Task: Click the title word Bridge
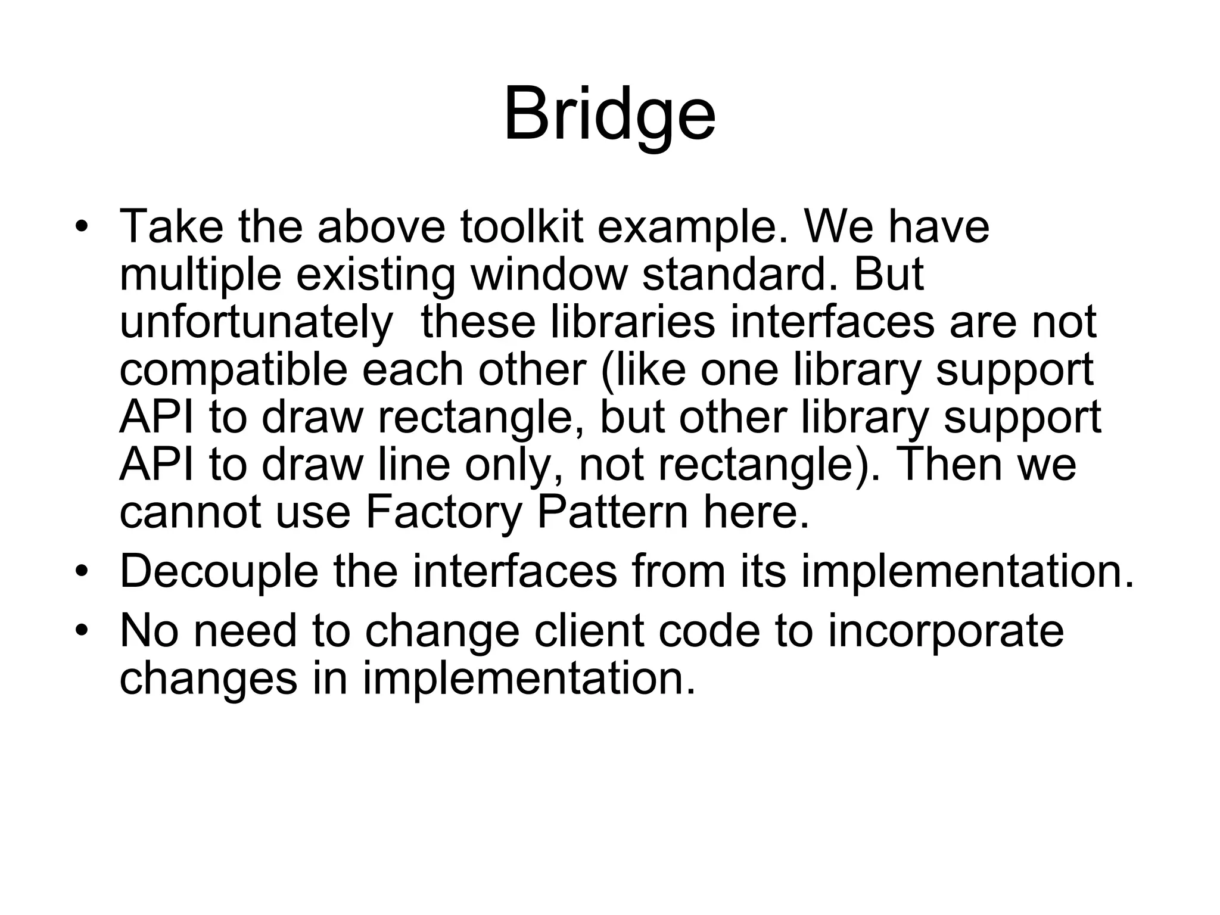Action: (x=609, y=114)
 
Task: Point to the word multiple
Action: (x=200, y=275)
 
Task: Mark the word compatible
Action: (x=233, y=371)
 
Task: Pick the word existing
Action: (x=375, y=275)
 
